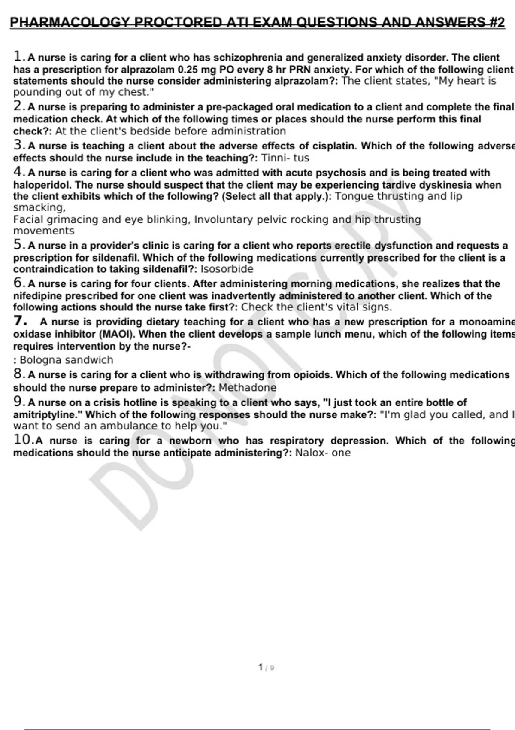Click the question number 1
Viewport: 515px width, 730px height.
point(18,56)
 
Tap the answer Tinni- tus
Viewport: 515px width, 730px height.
point(285,158)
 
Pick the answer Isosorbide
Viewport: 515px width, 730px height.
point(227,269)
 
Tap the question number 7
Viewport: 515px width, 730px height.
point(19,321)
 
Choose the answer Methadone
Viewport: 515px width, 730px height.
point(248,388)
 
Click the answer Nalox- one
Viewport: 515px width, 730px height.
point(323,453)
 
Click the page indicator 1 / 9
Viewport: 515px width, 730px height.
point(266,668)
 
